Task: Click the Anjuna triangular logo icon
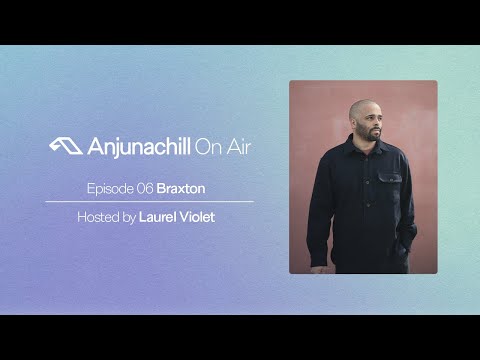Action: [62, 146]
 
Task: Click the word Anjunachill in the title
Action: [130, 146]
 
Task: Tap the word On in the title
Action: [206, 146]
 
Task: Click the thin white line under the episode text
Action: [149, 202]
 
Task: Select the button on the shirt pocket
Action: [388, 180]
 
